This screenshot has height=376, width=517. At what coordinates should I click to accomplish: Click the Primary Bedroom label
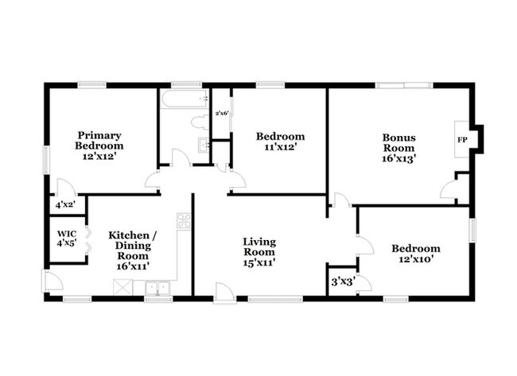99,141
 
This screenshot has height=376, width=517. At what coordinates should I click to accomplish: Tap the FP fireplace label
462,140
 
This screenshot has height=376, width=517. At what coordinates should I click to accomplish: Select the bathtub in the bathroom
185,99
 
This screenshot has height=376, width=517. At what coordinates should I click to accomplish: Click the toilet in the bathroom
200,122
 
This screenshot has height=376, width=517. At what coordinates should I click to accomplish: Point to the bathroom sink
204,145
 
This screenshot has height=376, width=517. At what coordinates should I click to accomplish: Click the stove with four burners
184,220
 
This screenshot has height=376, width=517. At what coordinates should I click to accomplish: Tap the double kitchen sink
158,288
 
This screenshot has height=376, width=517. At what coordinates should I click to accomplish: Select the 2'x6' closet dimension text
222,114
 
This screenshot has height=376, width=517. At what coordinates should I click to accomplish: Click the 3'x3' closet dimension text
343,281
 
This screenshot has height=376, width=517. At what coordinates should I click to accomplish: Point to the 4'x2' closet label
65,205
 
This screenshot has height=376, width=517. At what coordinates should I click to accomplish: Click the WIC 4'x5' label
67,238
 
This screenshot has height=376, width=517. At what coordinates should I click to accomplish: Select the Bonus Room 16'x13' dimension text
398,158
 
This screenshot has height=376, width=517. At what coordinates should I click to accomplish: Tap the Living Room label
259,246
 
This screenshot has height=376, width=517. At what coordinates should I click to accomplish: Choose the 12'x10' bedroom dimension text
416,259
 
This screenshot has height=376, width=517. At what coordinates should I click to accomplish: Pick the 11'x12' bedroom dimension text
281,147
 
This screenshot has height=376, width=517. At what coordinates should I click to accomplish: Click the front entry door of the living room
224,293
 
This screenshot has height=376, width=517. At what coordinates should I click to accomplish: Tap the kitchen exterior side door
52,281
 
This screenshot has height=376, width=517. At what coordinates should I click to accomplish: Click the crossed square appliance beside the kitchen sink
122,287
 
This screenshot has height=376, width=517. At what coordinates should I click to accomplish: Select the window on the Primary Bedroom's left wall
46,160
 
